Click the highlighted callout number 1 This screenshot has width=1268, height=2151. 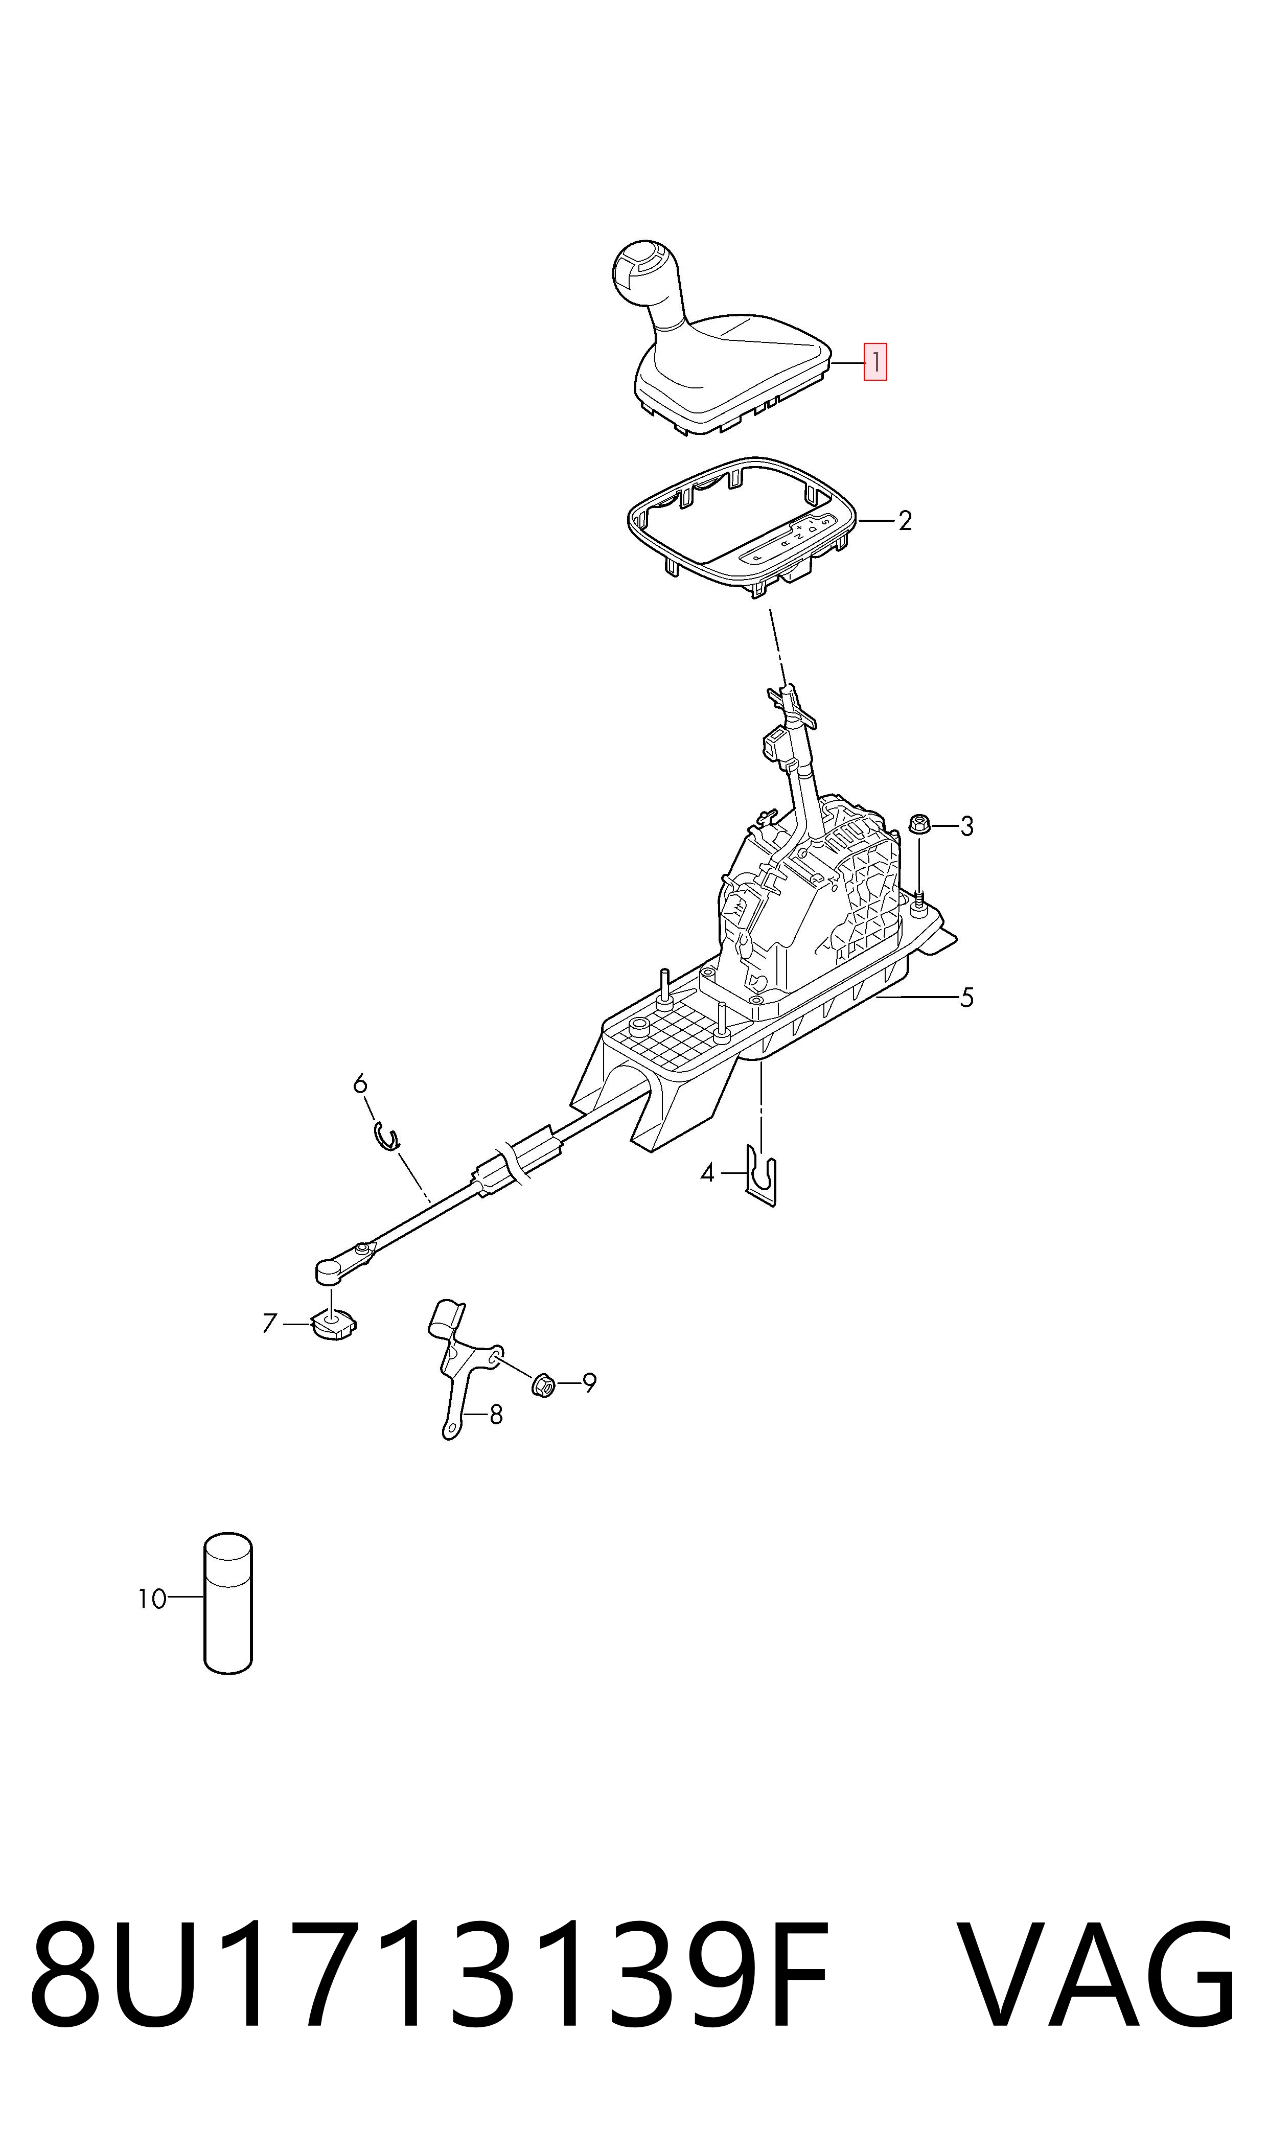[x=875, y=362]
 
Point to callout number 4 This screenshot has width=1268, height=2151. [x=707, y=1173]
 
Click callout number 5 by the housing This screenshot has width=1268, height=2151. [x=966, y=997]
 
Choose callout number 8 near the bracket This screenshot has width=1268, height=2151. [x=496, y=1416]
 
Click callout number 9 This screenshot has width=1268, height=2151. [x=589, y=1382]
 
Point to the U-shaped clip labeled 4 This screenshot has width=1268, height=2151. [x=762, y=1176]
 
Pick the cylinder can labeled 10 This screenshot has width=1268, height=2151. [x=228, y=1604]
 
